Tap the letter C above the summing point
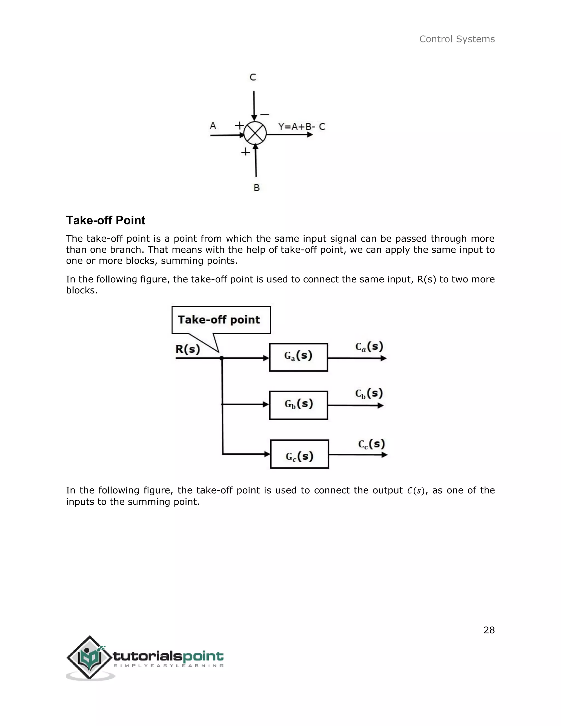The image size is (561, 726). click(253, 78)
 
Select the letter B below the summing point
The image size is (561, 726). click(257, 188)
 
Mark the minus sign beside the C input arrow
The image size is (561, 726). click(265, 115)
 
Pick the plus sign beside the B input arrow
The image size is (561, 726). click(245, 152)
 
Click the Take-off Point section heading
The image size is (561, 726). click(105, 220)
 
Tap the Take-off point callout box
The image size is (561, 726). click(221, 320)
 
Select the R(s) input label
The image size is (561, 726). click(188, 349)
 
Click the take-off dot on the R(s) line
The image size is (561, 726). click(222, 358)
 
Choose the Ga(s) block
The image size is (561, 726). click(299, 357)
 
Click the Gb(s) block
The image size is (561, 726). click(299, 405)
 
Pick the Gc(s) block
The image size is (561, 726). click(299, 454)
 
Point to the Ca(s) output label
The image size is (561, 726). click(369, 347)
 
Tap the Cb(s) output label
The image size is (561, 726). click(369, 394)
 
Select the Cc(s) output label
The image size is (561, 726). click(371, 444)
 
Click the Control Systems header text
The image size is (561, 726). click(457, 39)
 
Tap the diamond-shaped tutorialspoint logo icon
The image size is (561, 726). click(89, 657)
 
